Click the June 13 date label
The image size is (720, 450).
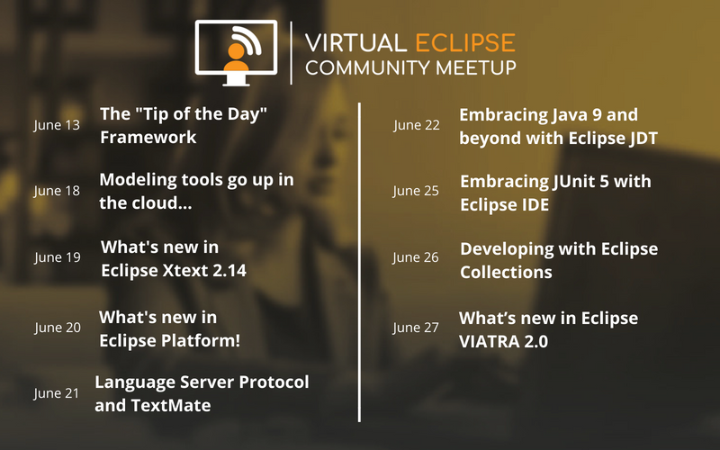tap(57, 125)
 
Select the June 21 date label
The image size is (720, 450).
tap(57, 393)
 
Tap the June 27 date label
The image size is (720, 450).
tap(416, 328)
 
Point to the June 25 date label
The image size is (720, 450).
tap(416, 191)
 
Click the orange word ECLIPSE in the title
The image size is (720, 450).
tap(465, 43)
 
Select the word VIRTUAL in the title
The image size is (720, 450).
tap(355, 43)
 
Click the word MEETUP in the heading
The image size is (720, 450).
tap(476, 68)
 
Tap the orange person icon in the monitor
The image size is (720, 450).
tap(236, 58)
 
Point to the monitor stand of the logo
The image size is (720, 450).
tap(236, 80)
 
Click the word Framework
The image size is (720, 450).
tap(148, 138)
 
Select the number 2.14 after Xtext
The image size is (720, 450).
tap(229, 271)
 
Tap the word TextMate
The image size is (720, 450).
tap(171, 406)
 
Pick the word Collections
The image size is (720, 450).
tap(506, 273)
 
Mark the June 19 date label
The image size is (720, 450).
tap(58, 257)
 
